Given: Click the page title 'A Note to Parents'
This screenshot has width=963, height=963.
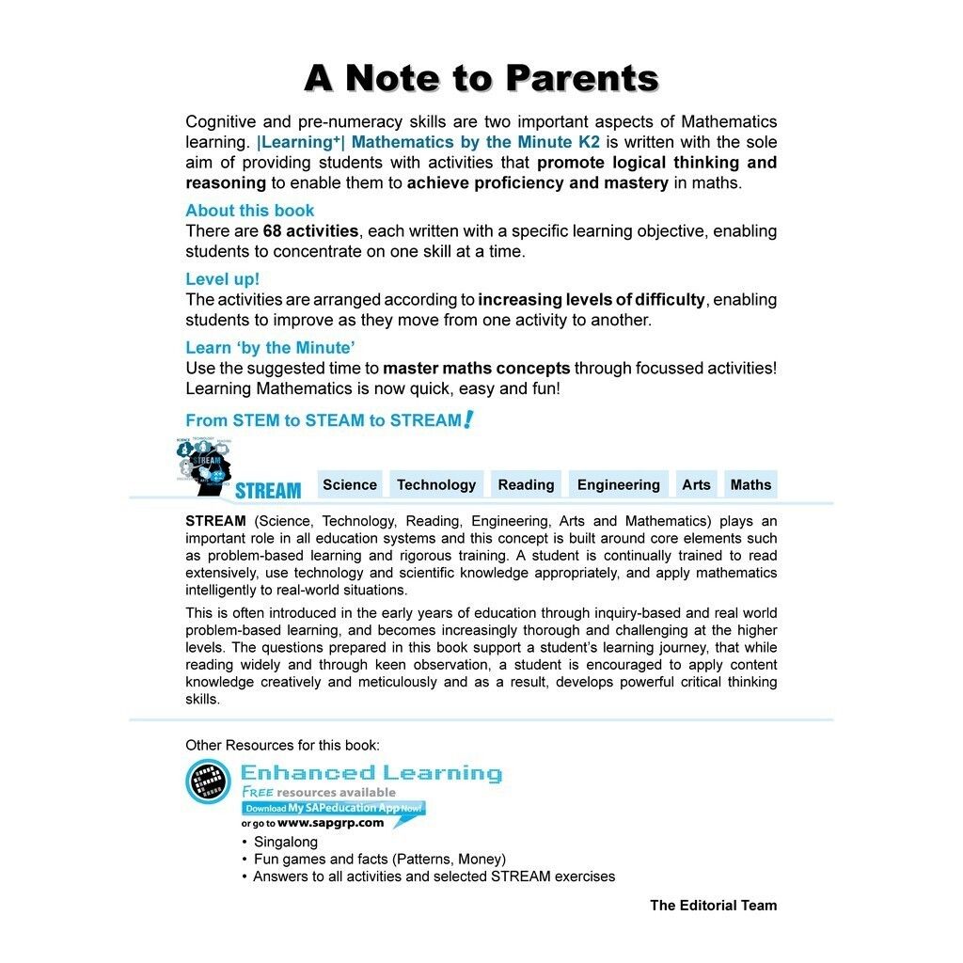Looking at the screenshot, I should click(x=481, y=78).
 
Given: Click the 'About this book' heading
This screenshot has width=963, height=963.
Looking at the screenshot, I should click(x=249, y=211).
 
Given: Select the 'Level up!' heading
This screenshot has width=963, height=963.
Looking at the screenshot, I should click(x=222, y=279).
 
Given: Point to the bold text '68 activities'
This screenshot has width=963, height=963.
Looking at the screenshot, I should click(x=310, y=231).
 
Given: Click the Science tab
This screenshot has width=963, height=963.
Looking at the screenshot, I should click(x=350, y=484).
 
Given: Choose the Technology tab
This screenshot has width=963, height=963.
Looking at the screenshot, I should click(x=436, y=484).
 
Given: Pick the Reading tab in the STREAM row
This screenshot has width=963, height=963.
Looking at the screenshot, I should click(x=526, y=484).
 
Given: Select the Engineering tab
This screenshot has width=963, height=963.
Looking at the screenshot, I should click(x=618, y=484).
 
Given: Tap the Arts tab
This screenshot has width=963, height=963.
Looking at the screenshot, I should click(x=696, y=484).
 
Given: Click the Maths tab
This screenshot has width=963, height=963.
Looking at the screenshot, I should click(x=750, y=484).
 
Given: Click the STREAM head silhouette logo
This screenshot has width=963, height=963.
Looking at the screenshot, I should click(x=205, y=466).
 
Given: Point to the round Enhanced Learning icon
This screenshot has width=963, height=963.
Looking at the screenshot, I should click(x=208, y=781).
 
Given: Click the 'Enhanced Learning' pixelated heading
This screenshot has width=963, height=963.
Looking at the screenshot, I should click(x=371, y=773).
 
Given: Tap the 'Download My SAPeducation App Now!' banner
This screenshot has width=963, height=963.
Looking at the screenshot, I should click(x=334, y=808).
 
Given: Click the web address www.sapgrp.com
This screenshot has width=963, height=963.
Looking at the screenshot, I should click(x=331, y=823).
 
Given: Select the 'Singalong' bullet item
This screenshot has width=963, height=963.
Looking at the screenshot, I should click(x=286, y=842).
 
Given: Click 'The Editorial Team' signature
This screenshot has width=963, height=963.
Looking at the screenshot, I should click(x=713, y=906).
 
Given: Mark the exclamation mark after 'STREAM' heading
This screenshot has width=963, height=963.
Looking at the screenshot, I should click(x=467, y=419).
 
